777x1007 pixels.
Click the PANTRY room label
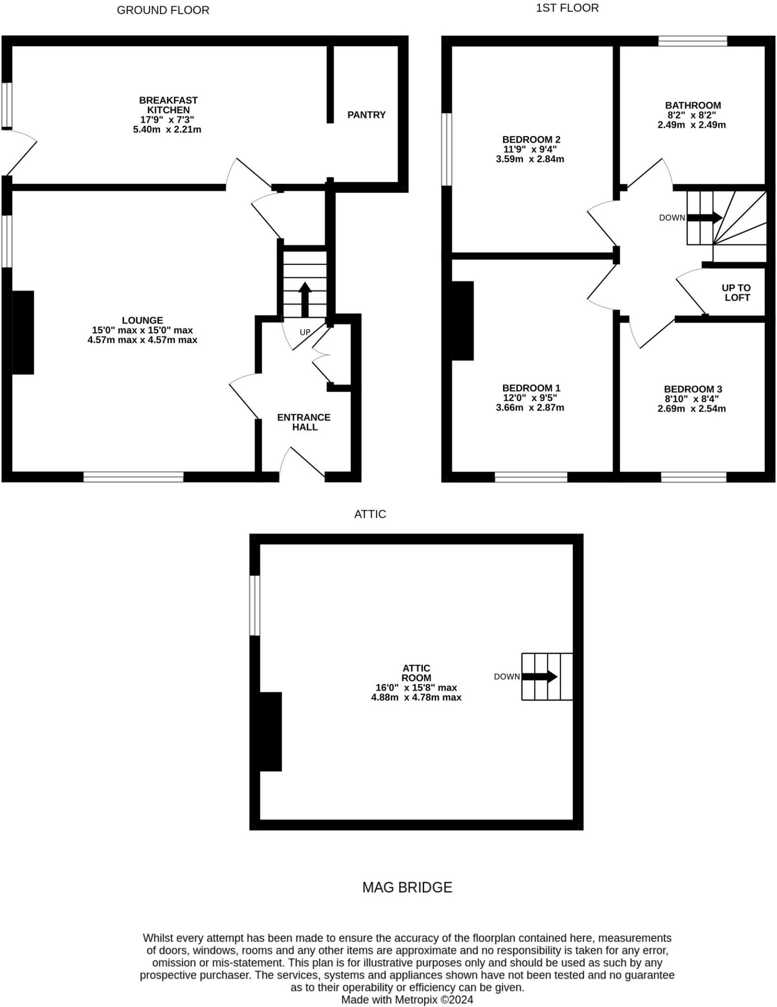(x=366, y=115)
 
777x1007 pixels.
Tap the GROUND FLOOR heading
(x=163, y=10)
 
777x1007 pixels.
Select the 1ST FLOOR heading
(x=567, y=8)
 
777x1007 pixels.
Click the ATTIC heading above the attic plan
(x=370, y=514)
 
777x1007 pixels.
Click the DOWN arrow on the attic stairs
(x=540, y=677)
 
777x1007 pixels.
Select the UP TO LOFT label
(x=736, y=293)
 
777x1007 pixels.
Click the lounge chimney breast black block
(x=23, y=332)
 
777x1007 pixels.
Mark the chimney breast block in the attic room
(x=270, y=732)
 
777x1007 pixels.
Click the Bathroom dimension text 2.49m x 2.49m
(x=691, y=125)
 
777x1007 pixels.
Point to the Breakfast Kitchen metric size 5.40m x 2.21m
(x=167, y=130)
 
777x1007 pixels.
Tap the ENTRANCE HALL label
(x=304, y=422)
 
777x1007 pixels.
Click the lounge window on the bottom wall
(x=133, y=476)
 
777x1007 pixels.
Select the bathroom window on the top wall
(x=692, y=41)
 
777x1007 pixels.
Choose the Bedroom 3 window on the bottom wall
(x=693, y=476)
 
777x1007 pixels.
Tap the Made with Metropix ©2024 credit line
(x=407, y=1000)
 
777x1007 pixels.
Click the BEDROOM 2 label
(x=531, y=140)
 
